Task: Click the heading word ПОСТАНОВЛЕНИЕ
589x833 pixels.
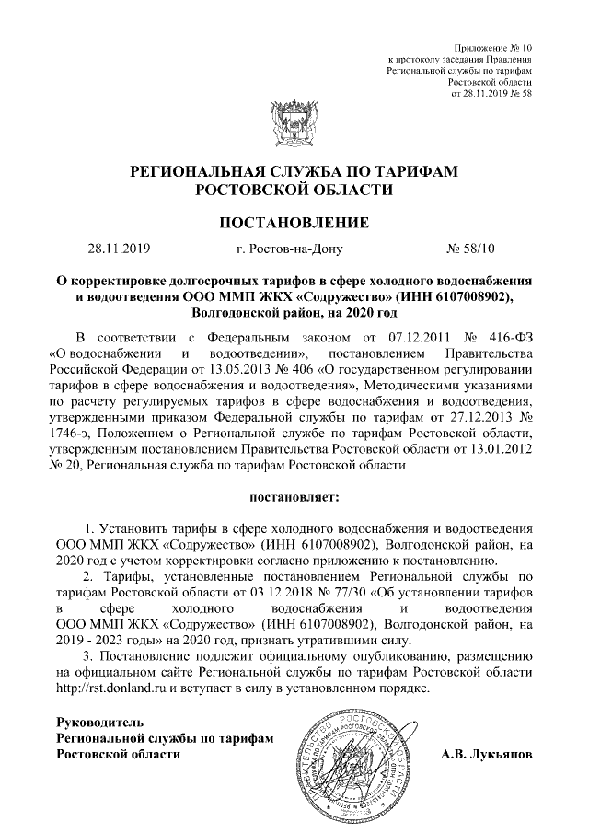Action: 294,222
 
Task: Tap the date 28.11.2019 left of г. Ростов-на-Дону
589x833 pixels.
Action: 120,248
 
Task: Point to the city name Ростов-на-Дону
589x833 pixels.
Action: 306,248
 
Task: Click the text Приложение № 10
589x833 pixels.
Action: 493,47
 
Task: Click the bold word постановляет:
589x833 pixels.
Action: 294,499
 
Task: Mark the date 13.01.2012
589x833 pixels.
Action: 495,449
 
